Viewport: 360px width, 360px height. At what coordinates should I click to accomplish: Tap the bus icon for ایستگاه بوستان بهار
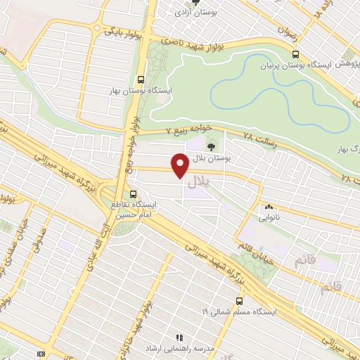[142, 79]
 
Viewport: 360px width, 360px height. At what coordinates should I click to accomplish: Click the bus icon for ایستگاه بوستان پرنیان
[295, 54]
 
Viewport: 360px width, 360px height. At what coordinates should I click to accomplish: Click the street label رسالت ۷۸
[257, 136]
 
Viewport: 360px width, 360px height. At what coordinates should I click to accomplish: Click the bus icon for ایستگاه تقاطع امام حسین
[133, 194]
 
